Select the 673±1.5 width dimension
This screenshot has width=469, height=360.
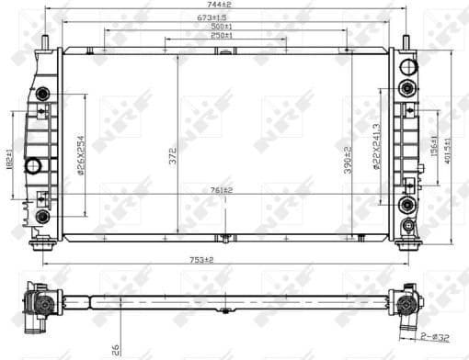222,17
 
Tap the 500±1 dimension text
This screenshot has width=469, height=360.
222,27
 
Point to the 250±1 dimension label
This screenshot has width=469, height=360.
222,36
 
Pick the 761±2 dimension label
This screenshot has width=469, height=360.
221,190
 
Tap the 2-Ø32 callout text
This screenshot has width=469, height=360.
437,337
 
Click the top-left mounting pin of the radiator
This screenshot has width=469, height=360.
44,41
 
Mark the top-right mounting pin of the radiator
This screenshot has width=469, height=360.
405,41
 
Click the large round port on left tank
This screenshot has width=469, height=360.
35,166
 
